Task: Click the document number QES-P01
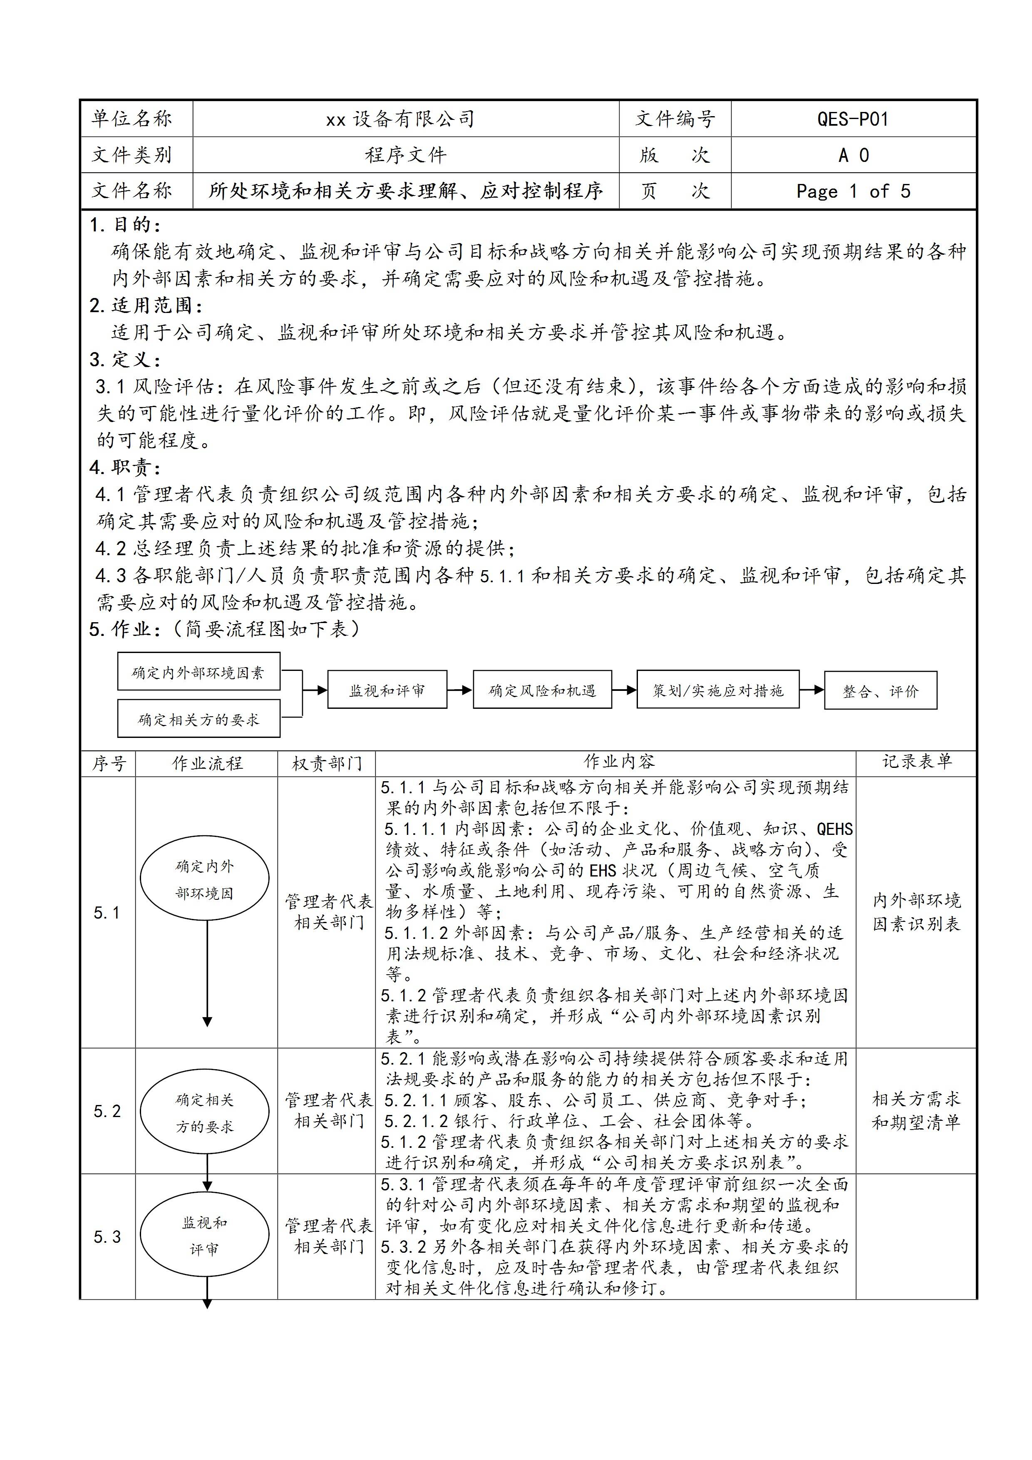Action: [852, 119]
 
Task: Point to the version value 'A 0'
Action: [853, 155]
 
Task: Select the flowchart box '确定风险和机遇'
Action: [542, 690]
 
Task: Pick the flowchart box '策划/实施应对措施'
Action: [717, 690]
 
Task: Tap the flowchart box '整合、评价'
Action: [880, 690]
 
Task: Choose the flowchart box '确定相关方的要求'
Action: [198, 719]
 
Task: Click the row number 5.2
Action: [107, 1111]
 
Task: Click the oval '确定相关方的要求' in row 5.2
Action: [204, 1113]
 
